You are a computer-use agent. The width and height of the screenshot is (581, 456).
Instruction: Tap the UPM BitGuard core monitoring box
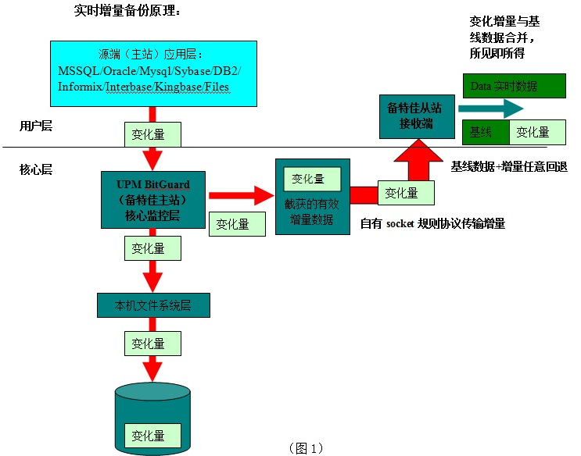click(153, 199)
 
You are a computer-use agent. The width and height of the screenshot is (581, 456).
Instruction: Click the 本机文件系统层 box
click(153, 305)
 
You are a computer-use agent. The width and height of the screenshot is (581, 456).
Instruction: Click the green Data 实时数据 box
click(513, 86)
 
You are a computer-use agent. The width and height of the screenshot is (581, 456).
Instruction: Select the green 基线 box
click(486, 132)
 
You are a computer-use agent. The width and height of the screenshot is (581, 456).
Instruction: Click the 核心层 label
click(37, 169)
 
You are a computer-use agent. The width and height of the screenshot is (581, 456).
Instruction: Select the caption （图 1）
click(306, 448)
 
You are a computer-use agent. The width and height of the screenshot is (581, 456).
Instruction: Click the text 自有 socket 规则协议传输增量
click(432, 224)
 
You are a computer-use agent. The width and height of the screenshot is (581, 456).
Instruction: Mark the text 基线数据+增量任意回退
click(508, 166)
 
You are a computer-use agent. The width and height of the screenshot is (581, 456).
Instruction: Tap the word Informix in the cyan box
click(81, 87)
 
